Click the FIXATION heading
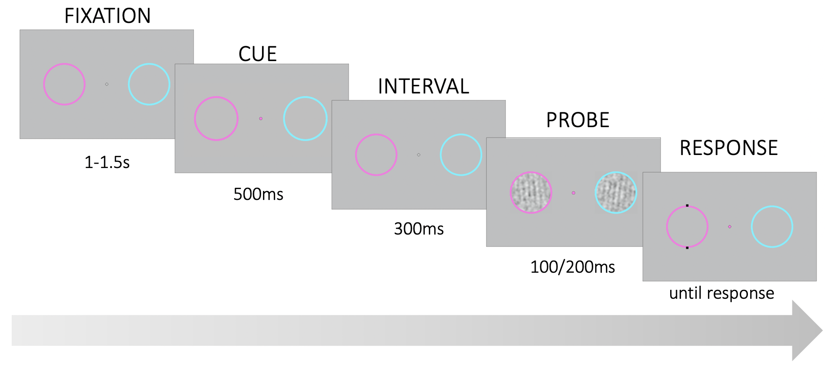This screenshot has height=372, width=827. (x=107, y=16)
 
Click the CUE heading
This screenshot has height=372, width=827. (x=258, y=54)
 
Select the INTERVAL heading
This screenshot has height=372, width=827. (x=423, y=86)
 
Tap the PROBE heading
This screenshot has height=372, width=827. (x=578, y=120)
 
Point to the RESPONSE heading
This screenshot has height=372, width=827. (x=729, y=148)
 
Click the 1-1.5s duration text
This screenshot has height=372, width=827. (x=107, y=162)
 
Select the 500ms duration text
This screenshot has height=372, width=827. (x=258, y=194)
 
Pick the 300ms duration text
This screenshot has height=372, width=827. (x=419, y=229)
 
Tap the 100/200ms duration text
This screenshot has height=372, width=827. (x=573, y=267)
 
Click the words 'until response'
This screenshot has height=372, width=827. (x=721, y=293)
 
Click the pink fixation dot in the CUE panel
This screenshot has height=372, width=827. (x=261, y=119)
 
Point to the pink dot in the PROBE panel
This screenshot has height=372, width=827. (x=574, y=193)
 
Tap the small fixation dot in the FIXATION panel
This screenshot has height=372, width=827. (x=107, y=84)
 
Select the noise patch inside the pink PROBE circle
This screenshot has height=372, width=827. (x=531, y=193)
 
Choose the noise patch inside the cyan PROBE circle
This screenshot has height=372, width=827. (x=616, y=193)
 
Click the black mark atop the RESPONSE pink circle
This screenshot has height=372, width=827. (x=687, y=206)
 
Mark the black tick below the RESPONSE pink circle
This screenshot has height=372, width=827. (x=687, y=248)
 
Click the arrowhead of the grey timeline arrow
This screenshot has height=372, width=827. (x=807, y=330)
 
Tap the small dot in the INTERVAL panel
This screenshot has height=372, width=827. (x=418, y=155)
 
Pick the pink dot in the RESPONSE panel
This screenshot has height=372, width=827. (x=729, y=227)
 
